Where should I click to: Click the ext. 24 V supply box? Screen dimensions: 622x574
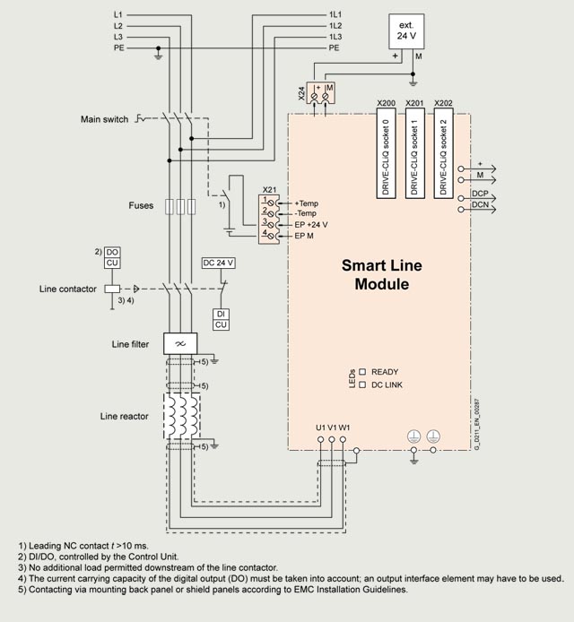406,31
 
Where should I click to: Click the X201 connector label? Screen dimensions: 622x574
414,103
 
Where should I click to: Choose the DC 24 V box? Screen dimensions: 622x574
219,263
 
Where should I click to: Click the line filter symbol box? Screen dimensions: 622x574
179,343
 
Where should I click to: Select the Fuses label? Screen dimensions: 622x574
141,206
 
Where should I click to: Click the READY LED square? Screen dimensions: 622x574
363,371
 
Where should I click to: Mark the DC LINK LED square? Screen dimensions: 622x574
363,384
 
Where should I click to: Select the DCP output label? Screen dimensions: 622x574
479,194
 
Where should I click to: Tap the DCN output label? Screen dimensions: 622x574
479,205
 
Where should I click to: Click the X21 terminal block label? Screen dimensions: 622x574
269,190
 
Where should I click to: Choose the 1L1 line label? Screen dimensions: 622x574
335,15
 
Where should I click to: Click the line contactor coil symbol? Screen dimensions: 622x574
111,289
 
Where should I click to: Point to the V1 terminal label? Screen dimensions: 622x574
332,427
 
